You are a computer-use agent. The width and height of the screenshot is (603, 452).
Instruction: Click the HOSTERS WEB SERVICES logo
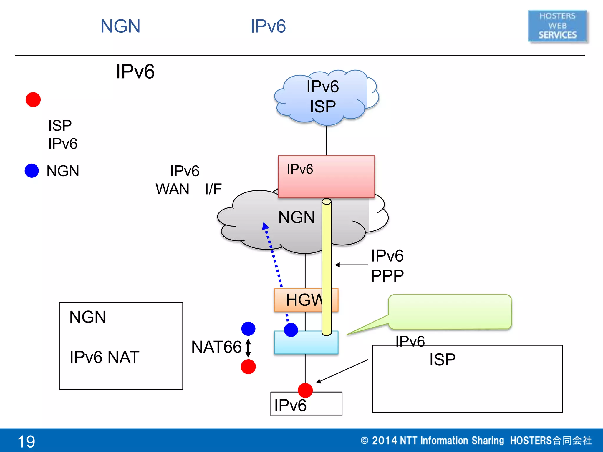(x=557, y=26)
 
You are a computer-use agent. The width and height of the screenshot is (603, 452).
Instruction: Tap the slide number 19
(x=26, y=441)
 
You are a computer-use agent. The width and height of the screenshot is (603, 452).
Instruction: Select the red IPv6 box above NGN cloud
(x=326, y=177)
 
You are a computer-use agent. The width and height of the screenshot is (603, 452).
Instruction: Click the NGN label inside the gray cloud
(x=296, y=217)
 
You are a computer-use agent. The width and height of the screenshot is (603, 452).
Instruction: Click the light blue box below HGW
(x=306, y=343)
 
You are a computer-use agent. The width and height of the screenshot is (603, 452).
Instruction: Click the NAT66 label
(x=216, y=347)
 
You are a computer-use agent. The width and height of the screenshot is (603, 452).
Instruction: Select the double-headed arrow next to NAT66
(x=248, y=348)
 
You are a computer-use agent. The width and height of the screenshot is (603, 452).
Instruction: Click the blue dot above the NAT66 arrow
(x=248, y=329)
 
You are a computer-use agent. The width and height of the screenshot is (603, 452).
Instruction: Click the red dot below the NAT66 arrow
(x=248, y=367)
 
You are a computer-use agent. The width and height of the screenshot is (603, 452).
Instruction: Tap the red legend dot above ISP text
(x=33, y=99)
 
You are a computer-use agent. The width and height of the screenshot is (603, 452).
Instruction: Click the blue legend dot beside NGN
(x=32, y=171)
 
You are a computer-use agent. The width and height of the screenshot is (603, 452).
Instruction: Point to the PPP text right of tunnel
(x=387, y=276)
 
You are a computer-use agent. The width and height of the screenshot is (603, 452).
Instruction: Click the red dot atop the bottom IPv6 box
(x=305, y=390)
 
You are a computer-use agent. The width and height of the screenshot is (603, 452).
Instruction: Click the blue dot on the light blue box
(x=291, y=330)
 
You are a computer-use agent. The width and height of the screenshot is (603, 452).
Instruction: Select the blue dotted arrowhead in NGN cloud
(x=265, y=226)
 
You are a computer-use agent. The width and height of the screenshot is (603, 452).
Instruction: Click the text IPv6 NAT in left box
(x=104, y=357)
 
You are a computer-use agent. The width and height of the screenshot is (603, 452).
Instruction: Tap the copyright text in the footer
(x=476, y=441)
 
